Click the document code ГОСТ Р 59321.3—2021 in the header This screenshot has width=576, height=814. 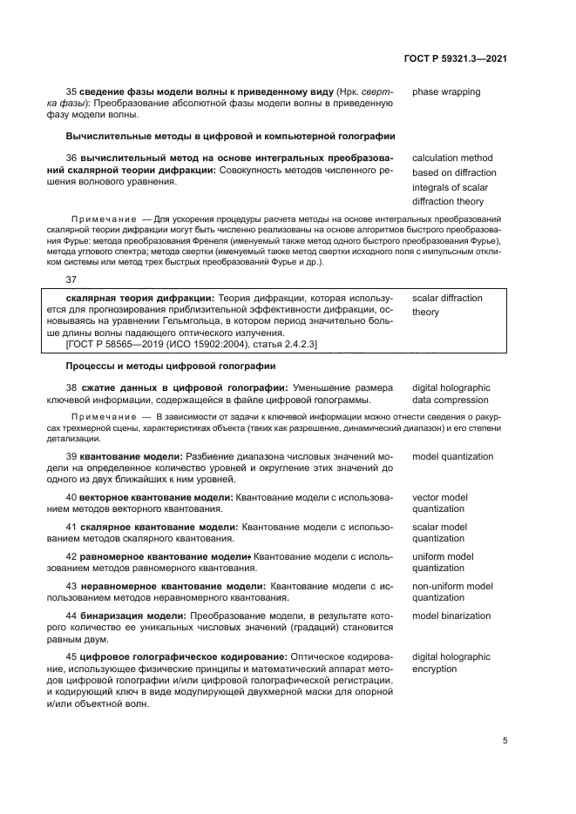pos(456,58)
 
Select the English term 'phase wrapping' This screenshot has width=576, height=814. pos(445,91)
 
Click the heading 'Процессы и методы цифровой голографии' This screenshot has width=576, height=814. pos(171,366)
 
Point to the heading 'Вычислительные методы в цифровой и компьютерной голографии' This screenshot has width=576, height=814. pos(231,136)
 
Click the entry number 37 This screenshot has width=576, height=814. pos(72,279)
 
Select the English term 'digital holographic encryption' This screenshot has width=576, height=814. pos(451,663)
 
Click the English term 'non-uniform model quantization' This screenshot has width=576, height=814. pos(451,592)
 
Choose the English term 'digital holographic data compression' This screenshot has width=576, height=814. pos(451,394)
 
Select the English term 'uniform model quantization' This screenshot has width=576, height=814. pos(443,562)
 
